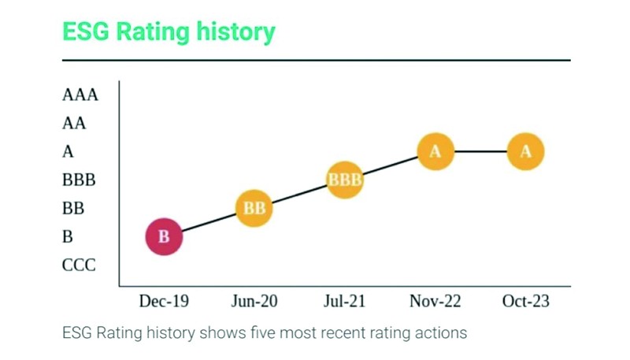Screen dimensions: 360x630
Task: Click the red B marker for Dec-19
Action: pyautogui.click(x=164, y=236)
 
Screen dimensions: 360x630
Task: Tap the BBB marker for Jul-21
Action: pyautogui.click(x=345, y=180)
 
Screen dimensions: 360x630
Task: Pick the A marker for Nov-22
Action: pyautogui.click(x=435, y=151)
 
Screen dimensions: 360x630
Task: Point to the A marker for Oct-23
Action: pyautogui.click(x=526, y=151)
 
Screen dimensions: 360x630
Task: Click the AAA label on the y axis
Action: pyautogui.click(x=80, y=95)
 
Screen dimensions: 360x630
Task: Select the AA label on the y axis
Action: pyautogui.click(x=74, y=124)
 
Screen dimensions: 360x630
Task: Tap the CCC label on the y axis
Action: pyautogui.click(x=79, y=265)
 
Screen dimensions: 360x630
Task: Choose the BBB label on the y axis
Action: pyautogui.click(x=79, y=180)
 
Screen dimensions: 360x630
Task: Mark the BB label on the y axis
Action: pyautogui.click(x=73, y=209)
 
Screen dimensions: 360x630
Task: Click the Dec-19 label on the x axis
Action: pyautogui.click(x=164, y=302)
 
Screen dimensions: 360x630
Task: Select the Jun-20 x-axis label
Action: pyautogui.click(x=254, y=302)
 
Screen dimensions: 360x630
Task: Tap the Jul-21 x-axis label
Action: pyautogui.click(x=345, y=302)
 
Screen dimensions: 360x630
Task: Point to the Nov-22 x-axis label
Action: pyautogui.click(x=435, y=302)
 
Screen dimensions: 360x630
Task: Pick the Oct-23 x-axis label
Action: pyautogui.click(x=526, y=302)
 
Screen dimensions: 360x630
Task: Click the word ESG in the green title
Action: pyautogui.click(x=86, y=32)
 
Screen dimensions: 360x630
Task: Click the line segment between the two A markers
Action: pyautogui.click(x=480, y=151)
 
